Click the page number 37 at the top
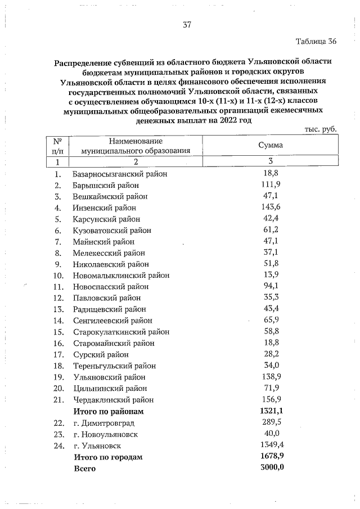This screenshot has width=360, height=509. click(x=188, y=25)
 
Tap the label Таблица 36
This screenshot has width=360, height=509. click(x=316, y=42)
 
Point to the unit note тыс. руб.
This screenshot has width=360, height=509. click(x=320, y=129)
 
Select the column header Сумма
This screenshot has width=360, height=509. click(x=270, y=145)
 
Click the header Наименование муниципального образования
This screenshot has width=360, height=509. click(x=136, y=146)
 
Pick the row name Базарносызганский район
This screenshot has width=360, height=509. click(x=120, y=174)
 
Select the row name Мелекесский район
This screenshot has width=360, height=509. click(x=109, y=253)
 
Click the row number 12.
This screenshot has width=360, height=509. click(x=57, y=298)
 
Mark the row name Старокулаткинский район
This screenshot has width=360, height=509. click(x=121, y=332)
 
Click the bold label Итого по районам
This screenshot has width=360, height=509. click(x=108, y=411)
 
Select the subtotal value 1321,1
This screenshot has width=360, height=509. click(x=270, y=411)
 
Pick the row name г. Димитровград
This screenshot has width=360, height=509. click(x=105, y=423)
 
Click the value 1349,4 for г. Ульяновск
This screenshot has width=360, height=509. click(x=270, y=445)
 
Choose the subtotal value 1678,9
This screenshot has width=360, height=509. click(x=270, y=457)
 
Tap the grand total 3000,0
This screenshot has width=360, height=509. click(x=270, y=468)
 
